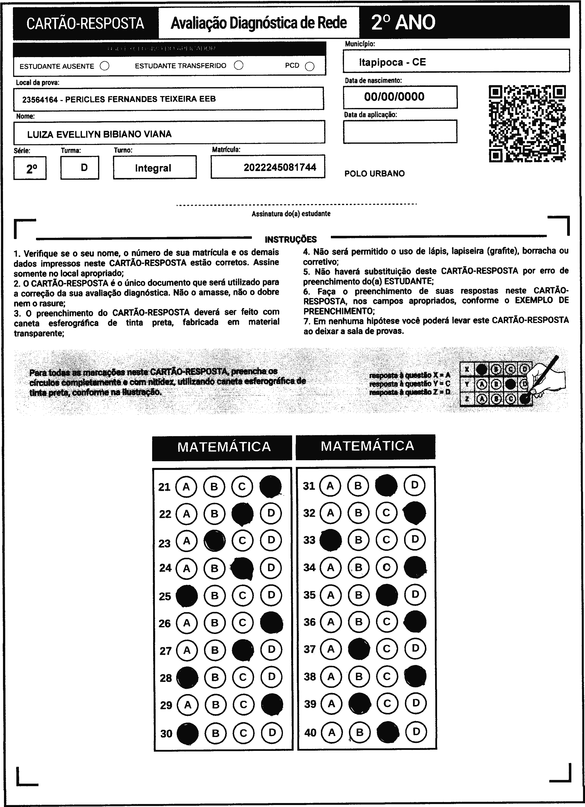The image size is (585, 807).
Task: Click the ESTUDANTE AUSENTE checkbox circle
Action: tap(105, 66)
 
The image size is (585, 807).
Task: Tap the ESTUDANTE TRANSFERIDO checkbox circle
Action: tap(239, 66)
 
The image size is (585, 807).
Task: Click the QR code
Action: tap(527, 123)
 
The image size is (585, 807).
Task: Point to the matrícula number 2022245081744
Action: tap(280, 167)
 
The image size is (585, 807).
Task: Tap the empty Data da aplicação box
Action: tap(400, 132)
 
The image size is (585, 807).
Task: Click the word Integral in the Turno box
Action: tap(153, 168)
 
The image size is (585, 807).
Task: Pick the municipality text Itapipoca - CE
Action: tap(392, 62)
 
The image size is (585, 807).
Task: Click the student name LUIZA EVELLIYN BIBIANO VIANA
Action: tap(99, 134)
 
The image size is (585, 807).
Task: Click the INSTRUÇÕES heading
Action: tap(290, 239)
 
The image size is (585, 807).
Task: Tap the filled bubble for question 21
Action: tap(271, 486)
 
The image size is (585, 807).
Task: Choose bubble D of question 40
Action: tap(416, 732)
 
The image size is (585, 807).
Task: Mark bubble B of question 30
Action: tap(215, 733)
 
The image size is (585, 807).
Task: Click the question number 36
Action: tap(309, 622)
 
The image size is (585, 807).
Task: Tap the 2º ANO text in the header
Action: tap(403, 22)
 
